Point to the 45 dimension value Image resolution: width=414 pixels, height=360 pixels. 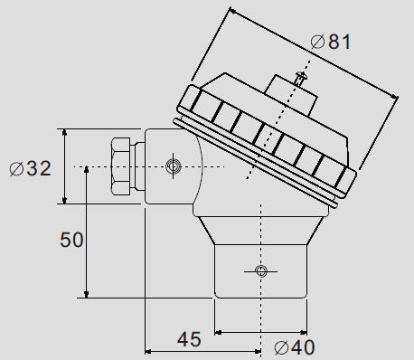click(188, 339)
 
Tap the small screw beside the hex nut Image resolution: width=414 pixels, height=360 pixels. click(174, 166)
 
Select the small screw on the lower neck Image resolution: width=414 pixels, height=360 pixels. click(261, 271)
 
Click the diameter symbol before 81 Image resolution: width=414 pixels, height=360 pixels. click(316, 42)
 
